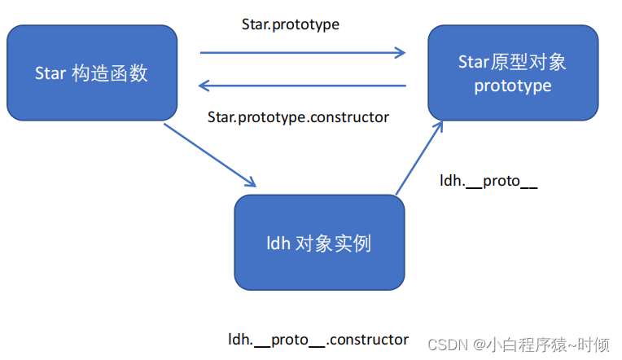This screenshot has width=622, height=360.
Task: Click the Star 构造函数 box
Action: pos(91,73)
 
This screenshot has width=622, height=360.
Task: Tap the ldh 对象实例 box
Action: pos(319,243)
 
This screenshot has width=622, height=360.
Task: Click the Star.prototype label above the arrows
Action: pos(291,24)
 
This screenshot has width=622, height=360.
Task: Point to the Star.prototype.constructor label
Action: pos(298,117)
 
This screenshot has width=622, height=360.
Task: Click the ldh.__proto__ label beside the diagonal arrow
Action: pos(488,181)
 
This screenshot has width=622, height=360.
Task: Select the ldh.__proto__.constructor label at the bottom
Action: pos(318,339)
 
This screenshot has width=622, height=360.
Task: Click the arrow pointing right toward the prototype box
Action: pos(303,54)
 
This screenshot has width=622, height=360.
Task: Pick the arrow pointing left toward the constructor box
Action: pos(303,85)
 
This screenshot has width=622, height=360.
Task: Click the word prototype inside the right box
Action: pos(513,86)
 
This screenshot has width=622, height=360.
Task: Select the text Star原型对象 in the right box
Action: pos(513,63)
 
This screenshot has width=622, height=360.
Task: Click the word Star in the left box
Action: pos(50,73)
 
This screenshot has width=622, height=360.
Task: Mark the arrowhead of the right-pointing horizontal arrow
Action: pos(400,54)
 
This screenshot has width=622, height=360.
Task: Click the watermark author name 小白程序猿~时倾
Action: pos(554,345)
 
